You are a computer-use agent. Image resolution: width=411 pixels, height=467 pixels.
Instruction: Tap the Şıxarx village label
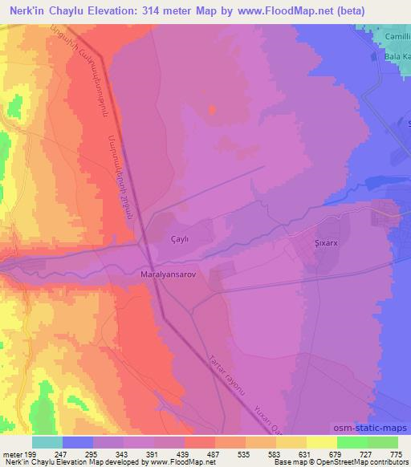point(328,240)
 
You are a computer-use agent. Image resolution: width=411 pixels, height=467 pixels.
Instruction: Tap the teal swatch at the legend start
point(47,442)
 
